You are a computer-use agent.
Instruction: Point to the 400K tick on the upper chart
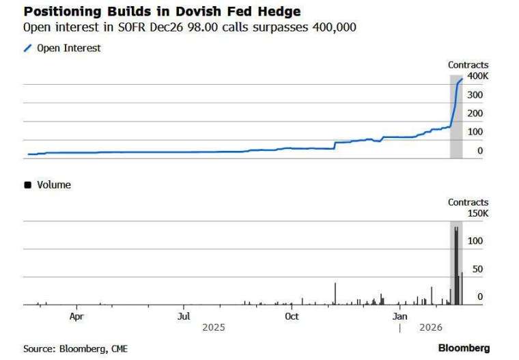click(x=477, y=75)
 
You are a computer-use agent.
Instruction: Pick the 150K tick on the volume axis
click(x=477, y=213)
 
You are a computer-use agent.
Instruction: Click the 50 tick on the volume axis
click(x=477, y=269)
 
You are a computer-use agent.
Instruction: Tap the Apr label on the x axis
click(x=76, y=316)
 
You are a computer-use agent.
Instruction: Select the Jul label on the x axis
click(x=184, y=316)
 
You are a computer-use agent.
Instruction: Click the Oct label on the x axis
click(x=292, y=316)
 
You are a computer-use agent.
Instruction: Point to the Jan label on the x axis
click(x=400, y=316)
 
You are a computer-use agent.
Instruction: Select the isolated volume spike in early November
click(x=335, y=294)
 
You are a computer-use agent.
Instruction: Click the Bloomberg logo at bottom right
click(x=464, y=348)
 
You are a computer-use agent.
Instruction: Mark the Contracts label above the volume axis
click(x=468, y=202)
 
